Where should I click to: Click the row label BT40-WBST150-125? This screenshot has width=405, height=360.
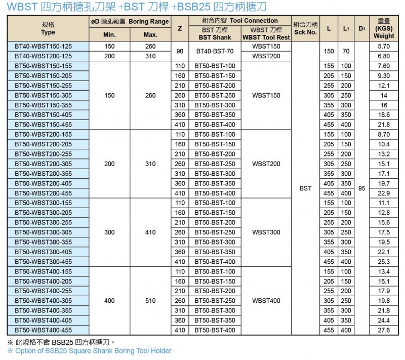click(x=44, y=46)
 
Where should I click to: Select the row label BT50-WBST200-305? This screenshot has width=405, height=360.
click(x=44, y=164)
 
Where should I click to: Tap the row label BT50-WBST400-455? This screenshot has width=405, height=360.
click(x=44, y=330)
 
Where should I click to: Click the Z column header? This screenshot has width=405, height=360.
click(x=180, y=28)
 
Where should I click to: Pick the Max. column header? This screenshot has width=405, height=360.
click(x=150, y=34)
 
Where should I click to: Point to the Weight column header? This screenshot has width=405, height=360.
click(x=384, y=28)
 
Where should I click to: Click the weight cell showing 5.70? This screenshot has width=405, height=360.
click(x=384, y=46)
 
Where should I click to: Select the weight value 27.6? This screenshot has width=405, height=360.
click(x=384, y=330)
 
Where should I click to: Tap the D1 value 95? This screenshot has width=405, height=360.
click(x=361, y=188)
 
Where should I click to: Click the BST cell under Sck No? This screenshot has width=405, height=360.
click(x=305, y=188)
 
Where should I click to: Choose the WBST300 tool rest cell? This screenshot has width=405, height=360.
click(x=266, y=232)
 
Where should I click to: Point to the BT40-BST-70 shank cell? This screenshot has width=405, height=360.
click(x=215, y=51)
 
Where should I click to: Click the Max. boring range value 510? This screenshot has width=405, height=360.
click(x=150, y=301)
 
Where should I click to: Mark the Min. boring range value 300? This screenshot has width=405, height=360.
click(x=109, y=232)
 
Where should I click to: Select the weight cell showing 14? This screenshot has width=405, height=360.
click(x=384, y=95)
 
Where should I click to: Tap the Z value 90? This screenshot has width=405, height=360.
click(x=180, y=51)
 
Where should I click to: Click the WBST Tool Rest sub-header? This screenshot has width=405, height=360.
click(x=266, y=34)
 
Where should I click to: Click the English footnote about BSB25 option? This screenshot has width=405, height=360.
click(x=90, y=350)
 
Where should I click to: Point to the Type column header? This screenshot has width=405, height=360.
click(x=48, y=28)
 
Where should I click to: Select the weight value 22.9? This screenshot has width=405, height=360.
click(x=384, y=193)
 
